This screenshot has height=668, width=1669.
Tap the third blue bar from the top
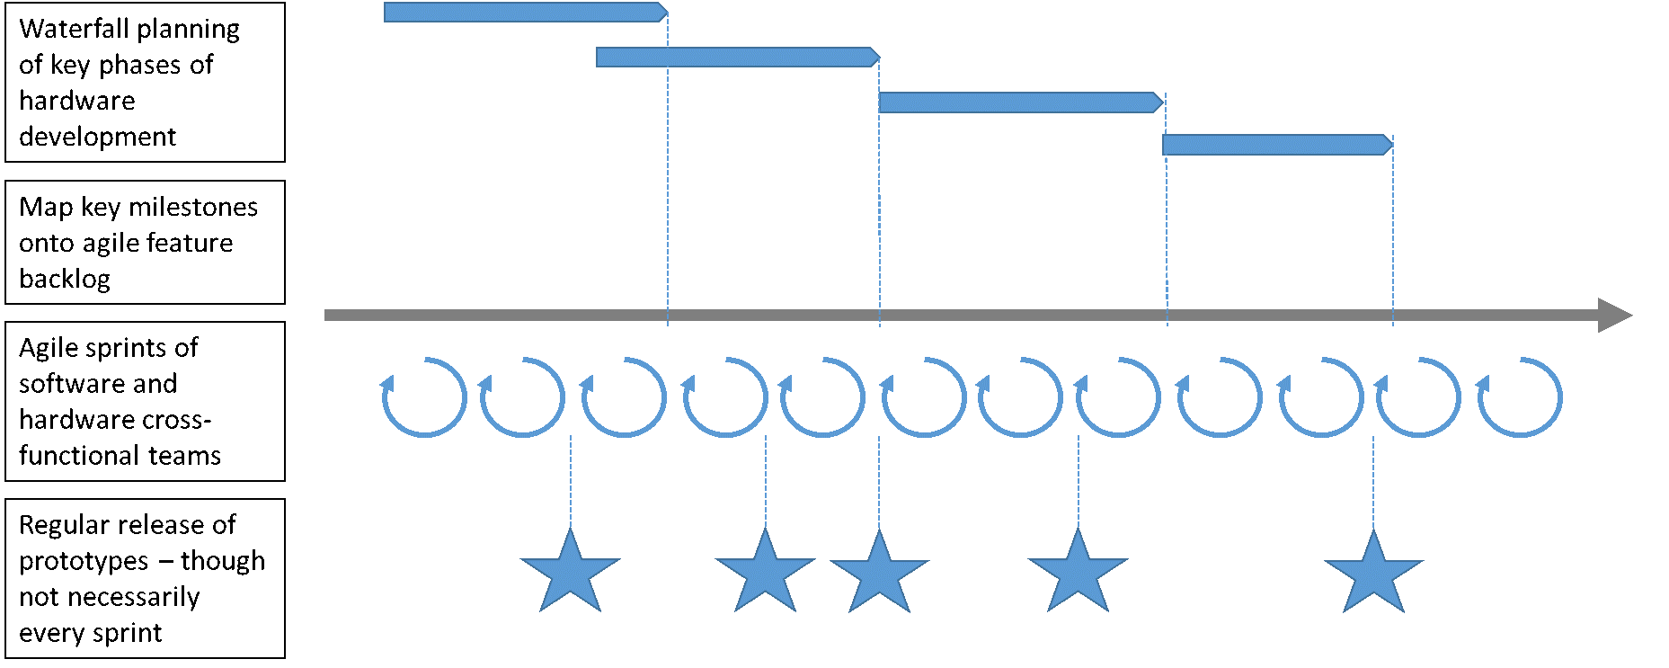click(1020, 102)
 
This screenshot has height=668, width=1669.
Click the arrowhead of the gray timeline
click(1615, 316)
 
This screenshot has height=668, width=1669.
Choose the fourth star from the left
click(1078, 575)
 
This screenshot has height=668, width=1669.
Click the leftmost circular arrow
click(425, 397)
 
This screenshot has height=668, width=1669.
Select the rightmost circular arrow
click(1521, 397)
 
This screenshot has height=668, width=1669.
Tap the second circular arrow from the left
click(523, 397)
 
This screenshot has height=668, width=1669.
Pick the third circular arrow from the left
click(625, 397)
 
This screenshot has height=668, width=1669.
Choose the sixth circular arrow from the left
click(924, 397)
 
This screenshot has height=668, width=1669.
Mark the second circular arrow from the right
click(1419, 397)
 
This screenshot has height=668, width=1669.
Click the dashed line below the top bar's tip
click(668, 180)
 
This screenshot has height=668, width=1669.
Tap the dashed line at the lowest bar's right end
click(1393, 234)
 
